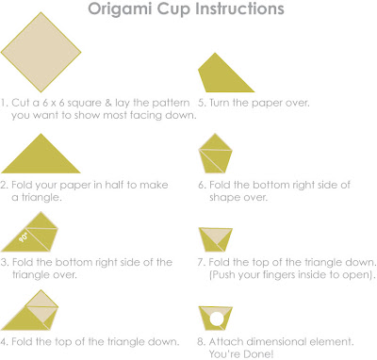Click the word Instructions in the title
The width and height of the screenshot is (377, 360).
click(239, 8)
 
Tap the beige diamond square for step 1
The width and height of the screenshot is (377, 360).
click(41, 52)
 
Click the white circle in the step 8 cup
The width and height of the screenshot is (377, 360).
click(217, 319)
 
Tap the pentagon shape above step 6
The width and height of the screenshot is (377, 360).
click(216, 154)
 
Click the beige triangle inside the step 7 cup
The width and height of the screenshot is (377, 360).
click(216, 236)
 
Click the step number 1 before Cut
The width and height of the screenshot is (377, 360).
click(4, 103)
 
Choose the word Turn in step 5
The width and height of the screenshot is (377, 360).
click(220, 103)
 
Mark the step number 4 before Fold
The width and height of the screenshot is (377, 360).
click(4, 341)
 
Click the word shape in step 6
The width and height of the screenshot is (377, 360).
click(222, 198)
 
